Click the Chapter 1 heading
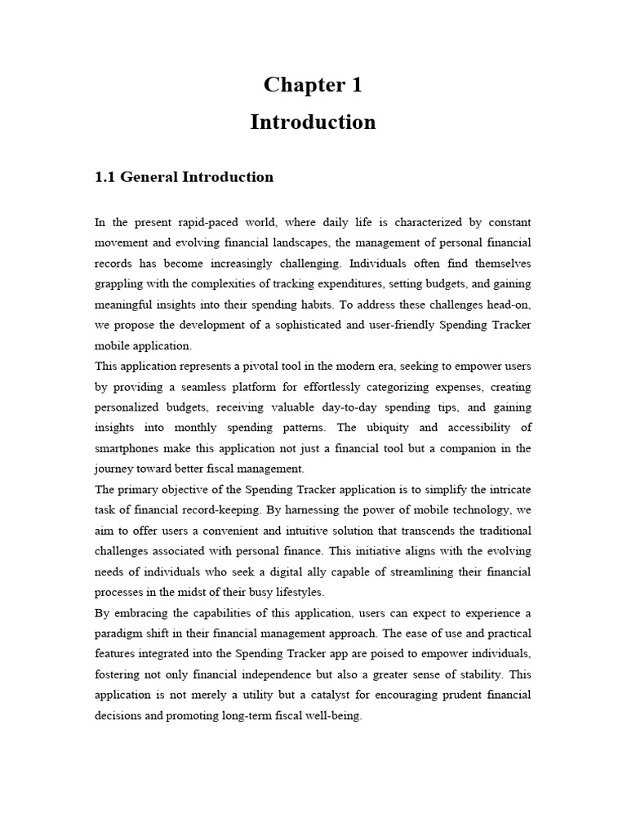click(313, 85)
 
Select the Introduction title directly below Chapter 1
click(313, 122)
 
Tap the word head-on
click(509, 304)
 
